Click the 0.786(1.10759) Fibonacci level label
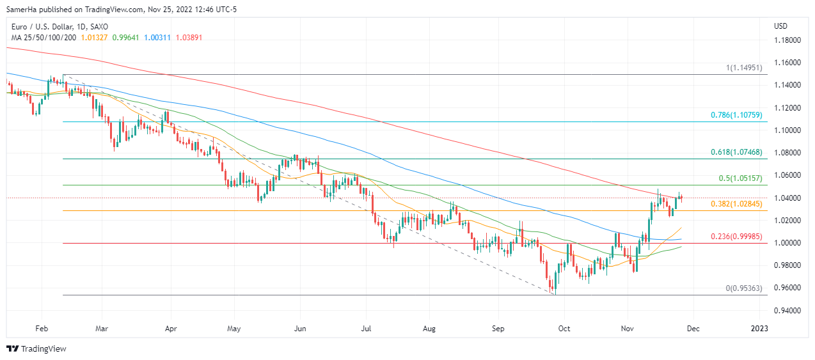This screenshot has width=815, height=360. pyautogui.click(x=736, y=116)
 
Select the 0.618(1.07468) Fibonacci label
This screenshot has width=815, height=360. pyautogui.click(x=736, y=152)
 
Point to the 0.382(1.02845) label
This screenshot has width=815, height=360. pyautogui.click(x=736, y=204)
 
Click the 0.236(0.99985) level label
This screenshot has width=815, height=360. pyautogui.click(x=736, y=237)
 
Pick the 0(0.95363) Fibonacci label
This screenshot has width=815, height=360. pyautogui.click(x=743, y=288)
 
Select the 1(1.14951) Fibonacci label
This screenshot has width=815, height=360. pyautogui.click(x=743, y=67)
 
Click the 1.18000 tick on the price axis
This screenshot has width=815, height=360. pyautogui.click(x=787, y=40)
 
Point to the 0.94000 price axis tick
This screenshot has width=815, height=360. pyautogui.click(x=787, y=310)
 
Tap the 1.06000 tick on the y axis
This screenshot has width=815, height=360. pyautogui.click(x=787, y=175)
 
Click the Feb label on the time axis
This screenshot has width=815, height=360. pyautogui.click(x=42, y=329)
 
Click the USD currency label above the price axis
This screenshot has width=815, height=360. pyautogui.click(x=780, y=26)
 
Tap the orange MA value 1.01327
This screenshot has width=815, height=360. pyautogui.click(x=95, y=37)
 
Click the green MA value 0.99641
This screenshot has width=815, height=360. pyautogui.click(x=125, y=37)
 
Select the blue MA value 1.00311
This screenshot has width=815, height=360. pyautogui.click(x=156, y=37)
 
